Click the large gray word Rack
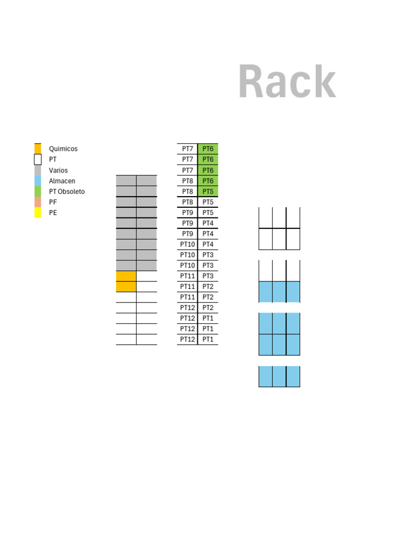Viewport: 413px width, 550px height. (x=287, y=82)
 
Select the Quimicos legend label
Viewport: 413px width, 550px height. (x=63, y=149)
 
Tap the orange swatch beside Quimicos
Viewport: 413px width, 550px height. (x=38, y=149)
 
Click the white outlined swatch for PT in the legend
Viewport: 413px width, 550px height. (x=38, y=160)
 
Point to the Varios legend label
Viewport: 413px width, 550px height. (x=58, y=170)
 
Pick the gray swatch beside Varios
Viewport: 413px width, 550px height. (x=38, y=170)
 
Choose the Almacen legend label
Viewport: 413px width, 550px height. (x=62, y=181)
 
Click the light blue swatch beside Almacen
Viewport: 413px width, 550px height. (x=38, y=181)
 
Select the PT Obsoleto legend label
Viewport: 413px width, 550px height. (x=67, y=191)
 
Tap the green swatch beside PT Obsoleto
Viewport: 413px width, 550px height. (x=38, y=191)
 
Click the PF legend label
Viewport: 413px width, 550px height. (x=53, y=202)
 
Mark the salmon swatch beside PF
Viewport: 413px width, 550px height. (x=38, y=202)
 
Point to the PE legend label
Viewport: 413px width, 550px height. (x=53, y=213)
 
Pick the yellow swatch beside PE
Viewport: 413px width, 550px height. (x=38, y=213)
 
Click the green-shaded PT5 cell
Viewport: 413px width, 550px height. (x=208, y=191)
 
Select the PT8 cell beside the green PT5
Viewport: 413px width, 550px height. (x=188, y=191)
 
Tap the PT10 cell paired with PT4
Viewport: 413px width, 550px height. (x=188, y=244)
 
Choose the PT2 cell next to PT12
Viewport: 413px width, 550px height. (x=208, y=308)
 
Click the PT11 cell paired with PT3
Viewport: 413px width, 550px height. (x=188, y=276)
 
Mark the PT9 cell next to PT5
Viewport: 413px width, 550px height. (x=188, y=213)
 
